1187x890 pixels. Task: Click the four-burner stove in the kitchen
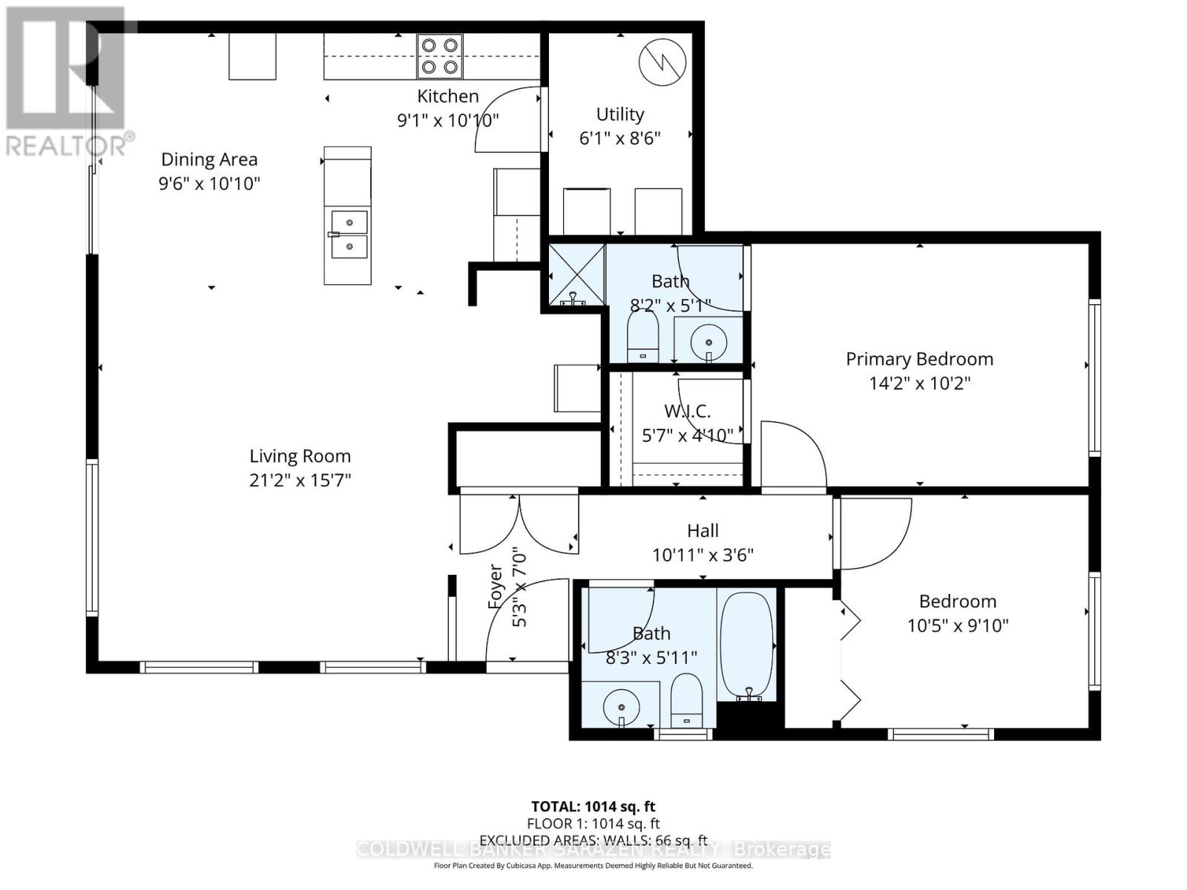click(439, 56)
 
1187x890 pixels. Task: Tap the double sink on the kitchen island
click(348, 234)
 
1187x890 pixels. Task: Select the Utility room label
click(619, 114)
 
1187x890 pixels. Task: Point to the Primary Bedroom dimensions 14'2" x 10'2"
click(919, 383)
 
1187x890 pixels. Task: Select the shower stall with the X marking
click(576, 275)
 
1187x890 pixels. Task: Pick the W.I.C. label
click(687, 411)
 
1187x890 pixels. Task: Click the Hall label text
click(703, 530)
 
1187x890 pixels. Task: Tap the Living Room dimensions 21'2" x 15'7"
click(300, 480)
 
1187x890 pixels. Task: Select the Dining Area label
click(209, 159)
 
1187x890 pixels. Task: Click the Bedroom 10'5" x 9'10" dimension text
click(958, 625)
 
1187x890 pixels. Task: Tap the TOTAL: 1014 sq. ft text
click(593, 806)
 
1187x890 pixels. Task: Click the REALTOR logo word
click(65, 146)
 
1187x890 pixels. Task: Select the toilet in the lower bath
click(686, 701)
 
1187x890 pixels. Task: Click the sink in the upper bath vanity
click(709, 342)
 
